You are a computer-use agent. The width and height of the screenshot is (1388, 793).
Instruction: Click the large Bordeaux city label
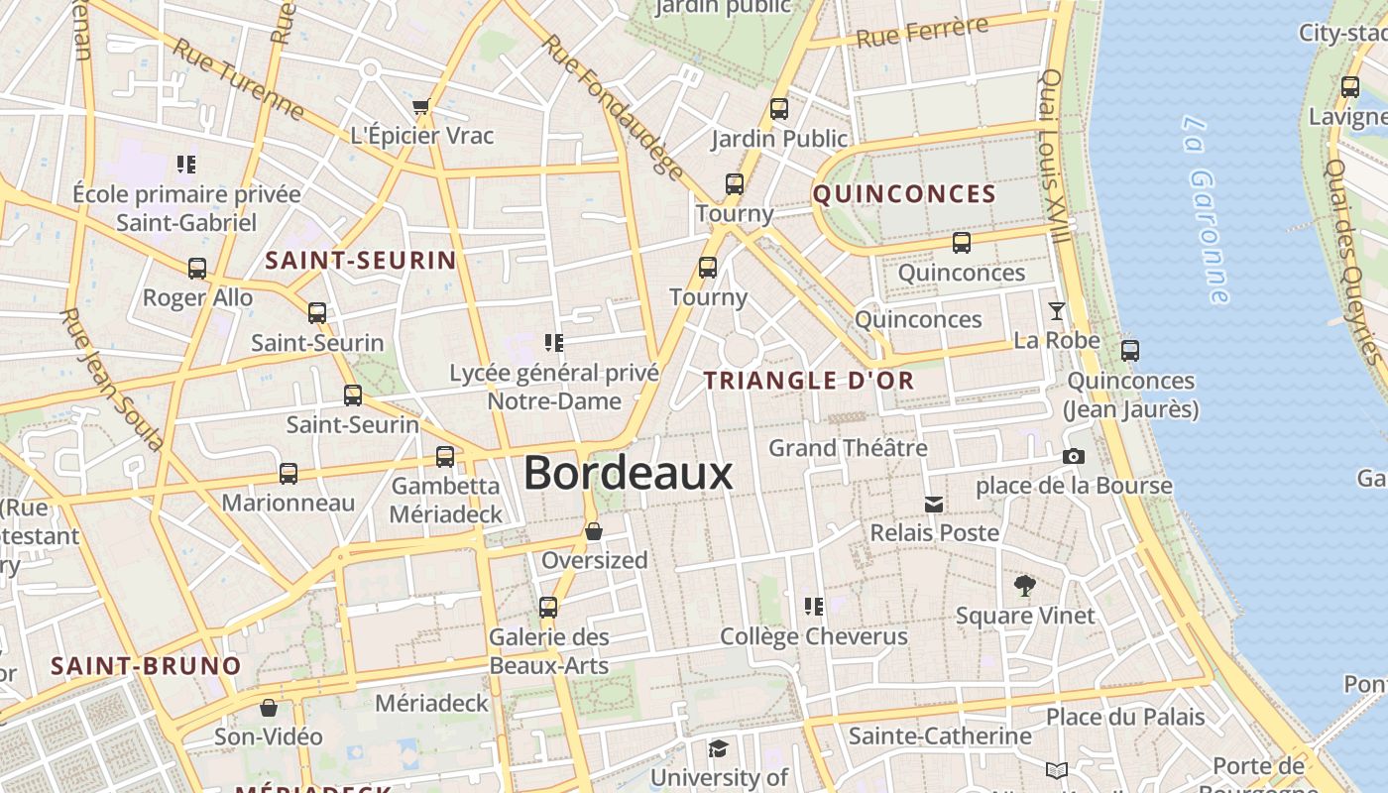point(629,473)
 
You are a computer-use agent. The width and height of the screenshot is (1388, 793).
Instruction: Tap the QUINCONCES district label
point(904,194)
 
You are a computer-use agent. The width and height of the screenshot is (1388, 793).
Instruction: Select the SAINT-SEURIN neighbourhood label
point(361,261)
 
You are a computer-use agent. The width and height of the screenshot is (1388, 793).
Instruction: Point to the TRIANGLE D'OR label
point(809,380)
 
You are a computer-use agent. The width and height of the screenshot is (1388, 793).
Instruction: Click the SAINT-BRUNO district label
point(146,666)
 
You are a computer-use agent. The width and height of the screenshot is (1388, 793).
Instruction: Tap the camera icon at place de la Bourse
point(1073,457)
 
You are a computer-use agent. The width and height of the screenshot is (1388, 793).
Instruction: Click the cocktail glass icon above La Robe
point(1057,311)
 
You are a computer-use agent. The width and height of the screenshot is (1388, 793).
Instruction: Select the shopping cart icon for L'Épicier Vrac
point(421,106)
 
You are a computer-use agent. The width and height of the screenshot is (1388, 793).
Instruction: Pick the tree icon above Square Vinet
point(1025,586)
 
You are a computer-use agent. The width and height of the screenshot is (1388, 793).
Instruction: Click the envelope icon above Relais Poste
point(934,505)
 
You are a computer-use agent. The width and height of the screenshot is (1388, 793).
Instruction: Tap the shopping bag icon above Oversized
point(594,532)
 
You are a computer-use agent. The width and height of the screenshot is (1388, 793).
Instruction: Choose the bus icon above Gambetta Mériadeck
point(445,457)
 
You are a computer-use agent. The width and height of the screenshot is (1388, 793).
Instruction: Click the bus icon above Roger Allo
point(197,269)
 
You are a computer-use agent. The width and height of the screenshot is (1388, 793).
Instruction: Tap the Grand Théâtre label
point(848,448)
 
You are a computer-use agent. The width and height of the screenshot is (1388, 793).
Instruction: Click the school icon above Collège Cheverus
point(814,606)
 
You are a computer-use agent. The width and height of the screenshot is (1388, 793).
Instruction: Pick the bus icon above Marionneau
point(289,474)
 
